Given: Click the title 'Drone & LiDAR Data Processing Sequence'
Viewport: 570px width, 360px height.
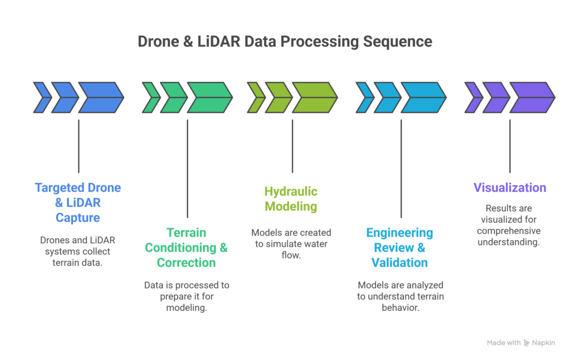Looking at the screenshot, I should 285,42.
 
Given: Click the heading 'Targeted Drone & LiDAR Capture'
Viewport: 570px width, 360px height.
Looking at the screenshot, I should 78,202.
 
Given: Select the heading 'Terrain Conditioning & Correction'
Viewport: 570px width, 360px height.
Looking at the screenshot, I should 186,248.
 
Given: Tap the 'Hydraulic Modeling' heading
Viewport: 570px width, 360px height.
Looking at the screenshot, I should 291,199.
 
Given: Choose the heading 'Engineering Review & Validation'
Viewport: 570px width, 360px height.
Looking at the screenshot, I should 399,248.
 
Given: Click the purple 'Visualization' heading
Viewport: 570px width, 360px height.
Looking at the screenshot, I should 510,188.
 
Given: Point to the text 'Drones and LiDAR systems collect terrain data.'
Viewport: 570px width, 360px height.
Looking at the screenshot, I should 78,251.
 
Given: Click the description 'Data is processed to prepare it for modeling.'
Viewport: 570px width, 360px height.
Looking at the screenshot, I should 186,296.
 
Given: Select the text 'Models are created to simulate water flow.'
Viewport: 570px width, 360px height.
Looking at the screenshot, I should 291,244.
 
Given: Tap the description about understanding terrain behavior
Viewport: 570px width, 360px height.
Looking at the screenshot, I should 399,296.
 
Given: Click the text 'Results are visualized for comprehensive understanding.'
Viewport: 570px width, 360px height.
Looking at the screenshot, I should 510,225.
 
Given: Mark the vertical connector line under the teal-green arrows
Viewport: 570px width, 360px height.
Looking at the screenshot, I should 187,167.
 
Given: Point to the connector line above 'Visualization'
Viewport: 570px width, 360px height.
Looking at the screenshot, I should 510,146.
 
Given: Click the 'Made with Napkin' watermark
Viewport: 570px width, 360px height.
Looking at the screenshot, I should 521,343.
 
